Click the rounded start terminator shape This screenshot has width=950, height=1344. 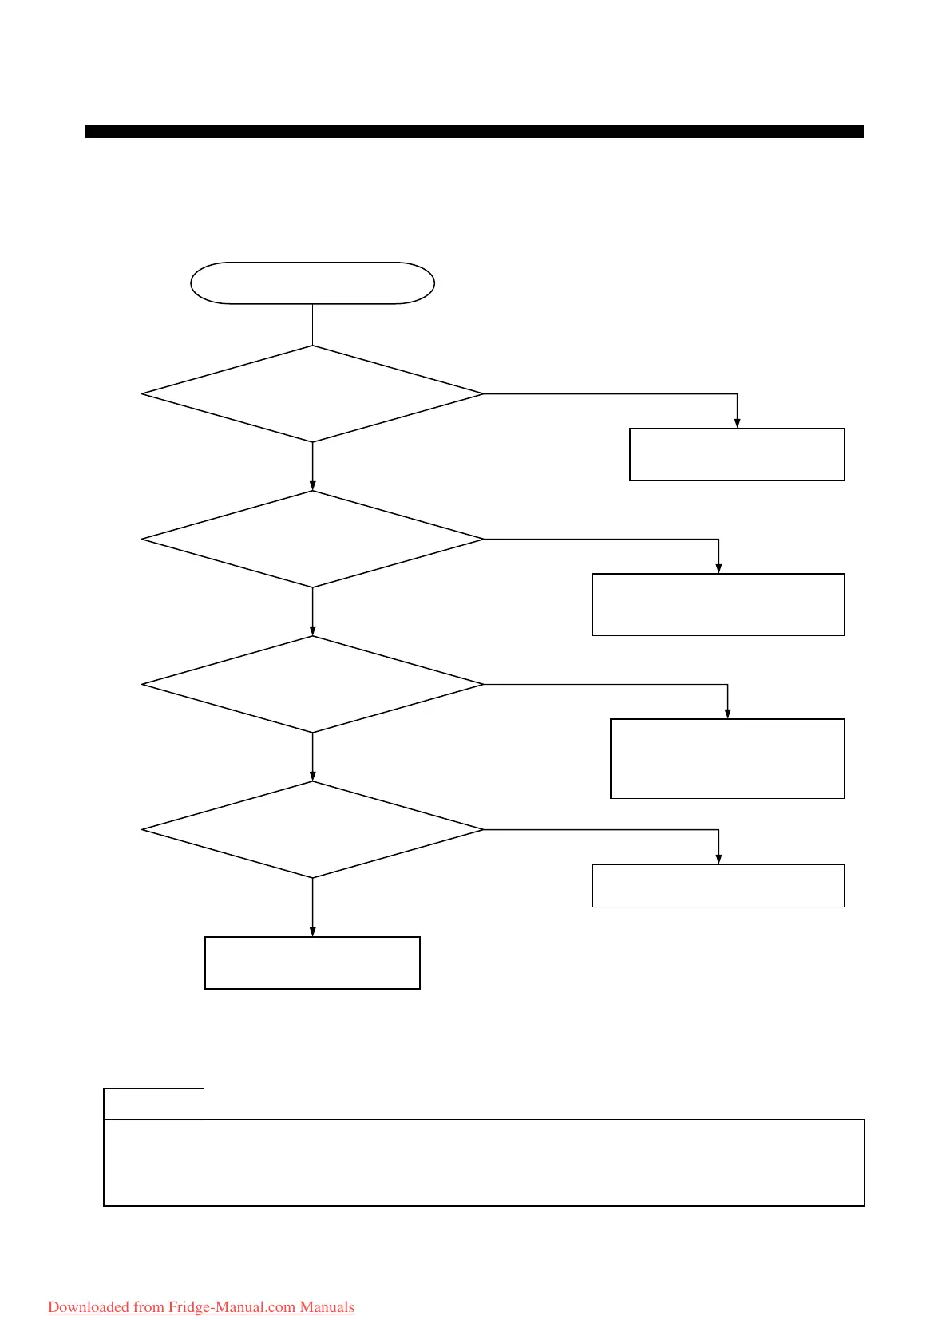pos(312,283)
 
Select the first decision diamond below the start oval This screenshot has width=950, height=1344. pos(312,393)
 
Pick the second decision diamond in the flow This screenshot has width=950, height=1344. pos(312,539)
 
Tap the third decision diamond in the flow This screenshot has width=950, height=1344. pos(312,684)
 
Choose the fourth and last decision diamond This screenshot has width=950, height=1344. pos(312,829)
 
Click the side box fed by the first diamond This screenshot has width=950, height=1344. pos(737,454)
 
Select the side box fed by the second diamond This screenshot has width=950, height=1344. pos(718,604)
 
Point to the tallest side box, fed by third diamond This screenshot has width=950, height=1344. pos(727,758)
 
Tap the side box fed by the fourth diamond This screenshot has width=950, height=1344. pos(718,885)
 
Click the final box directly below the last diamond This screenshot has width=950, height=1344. pos(312,963)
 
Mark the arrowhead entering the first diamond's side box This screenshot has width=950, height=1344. pos(737,423)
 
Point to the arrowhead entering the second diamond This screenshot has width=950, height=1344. pos(312,485)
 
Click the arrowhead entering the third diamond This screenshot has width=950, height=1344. pos(312,630)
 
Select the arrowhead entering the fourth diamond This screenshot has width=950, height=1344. pos(312,776)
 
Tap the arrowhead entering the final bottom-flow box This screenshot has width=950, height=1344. pos(312,931)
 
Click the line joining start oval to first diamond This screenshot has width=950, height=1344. pos(312,324)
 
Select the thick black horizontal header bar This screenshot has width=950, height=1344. pos(474,131)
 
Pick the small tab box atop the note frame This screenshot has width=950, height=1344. pos(153,1103)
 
